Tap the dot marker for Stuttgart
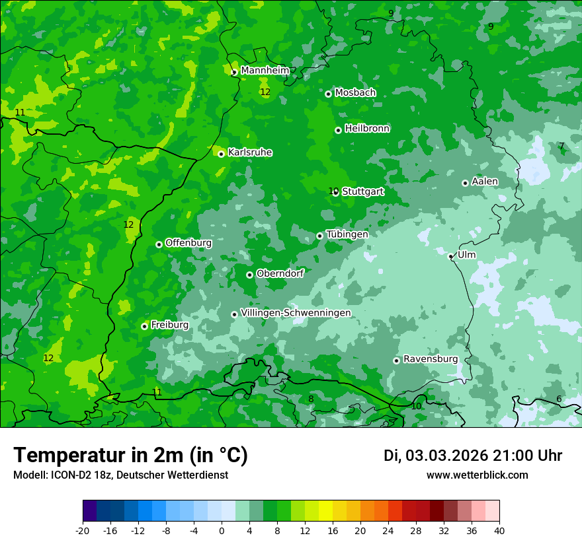[336, 192]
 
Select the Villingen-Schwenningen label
[296, 313]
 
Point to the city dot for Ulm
[451, 256]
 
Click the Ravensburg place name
[431, 359]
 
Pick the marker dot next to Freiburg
[144, 326]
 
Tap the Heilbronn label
[367, 129]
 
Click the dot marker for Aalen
[465, 183]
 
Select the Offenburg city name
[188, 243]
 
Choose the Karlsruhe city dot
[221, 154]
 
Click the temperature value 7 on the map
[561, 146]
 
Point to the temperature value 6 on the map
[559, 399]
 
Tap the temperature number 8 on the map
[311, 399]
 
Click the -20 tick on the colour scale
[83, 530]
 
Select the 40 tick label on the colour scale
[499, 530]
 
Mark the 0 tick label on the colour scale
[222, 530]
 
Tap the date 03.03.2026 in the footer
[446, 456]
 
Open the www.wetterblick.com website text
[477, 475]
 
